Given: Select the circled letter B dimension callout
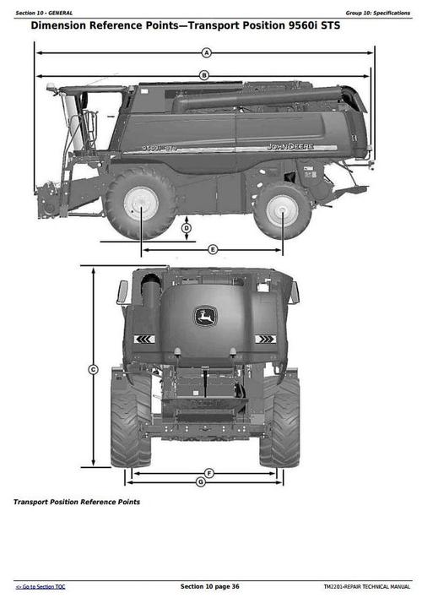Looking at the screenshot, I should click(203, 75).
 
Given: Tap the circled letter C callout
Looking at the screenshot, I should click(93, 368).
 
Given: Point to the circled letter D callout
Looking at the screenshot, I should click(187, 228).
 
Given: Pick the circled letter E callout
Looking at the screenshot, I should click(213, 249).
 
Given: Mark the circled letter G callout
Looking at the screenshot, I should click(200, 482).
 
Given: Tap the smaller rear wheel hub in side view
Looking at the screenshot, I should click(281, 209).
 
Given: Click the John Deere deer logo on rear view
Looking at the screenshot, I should click(204, 317).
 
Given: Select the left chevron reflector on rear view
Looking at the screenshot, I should click(144, 340).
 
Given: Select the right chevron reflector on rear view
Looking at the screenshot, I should click(265, 340).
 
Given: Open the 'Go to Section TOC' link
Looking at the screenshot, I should click(41, 586).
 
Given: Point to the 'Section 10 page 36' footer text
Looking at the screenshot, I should click(210, 586).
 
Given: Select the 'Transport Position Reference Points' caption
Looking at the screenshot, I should click(77, 502).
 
